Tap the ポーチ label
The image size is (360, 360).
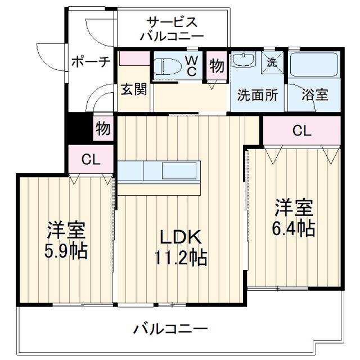(90, 62)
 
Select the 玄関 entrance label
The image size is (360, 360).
(134, 90)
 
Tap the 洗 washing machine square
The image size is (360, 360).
(272, 62)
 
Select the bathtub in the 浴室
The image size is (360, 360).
(314, 66)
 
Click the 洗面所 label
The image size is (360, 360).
(258, 95)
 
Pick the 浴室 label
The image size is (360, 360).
(314, 95)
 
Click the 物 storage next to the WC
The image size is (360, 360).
(217, 65)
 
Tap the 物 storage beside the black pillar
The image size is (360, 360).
(102, 128)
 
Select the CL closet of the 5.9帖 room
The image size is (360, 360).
(91, 160)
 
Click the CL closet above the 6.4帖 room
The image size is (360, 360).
(302, 131)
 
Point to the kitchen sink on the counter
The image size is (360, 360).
(181, 170)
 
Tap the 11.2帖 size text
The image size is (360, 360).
(181, 258)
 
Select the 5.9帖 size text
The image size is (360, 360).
(66, 250)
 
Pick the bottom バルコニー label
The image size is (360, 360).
(172, 328)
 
